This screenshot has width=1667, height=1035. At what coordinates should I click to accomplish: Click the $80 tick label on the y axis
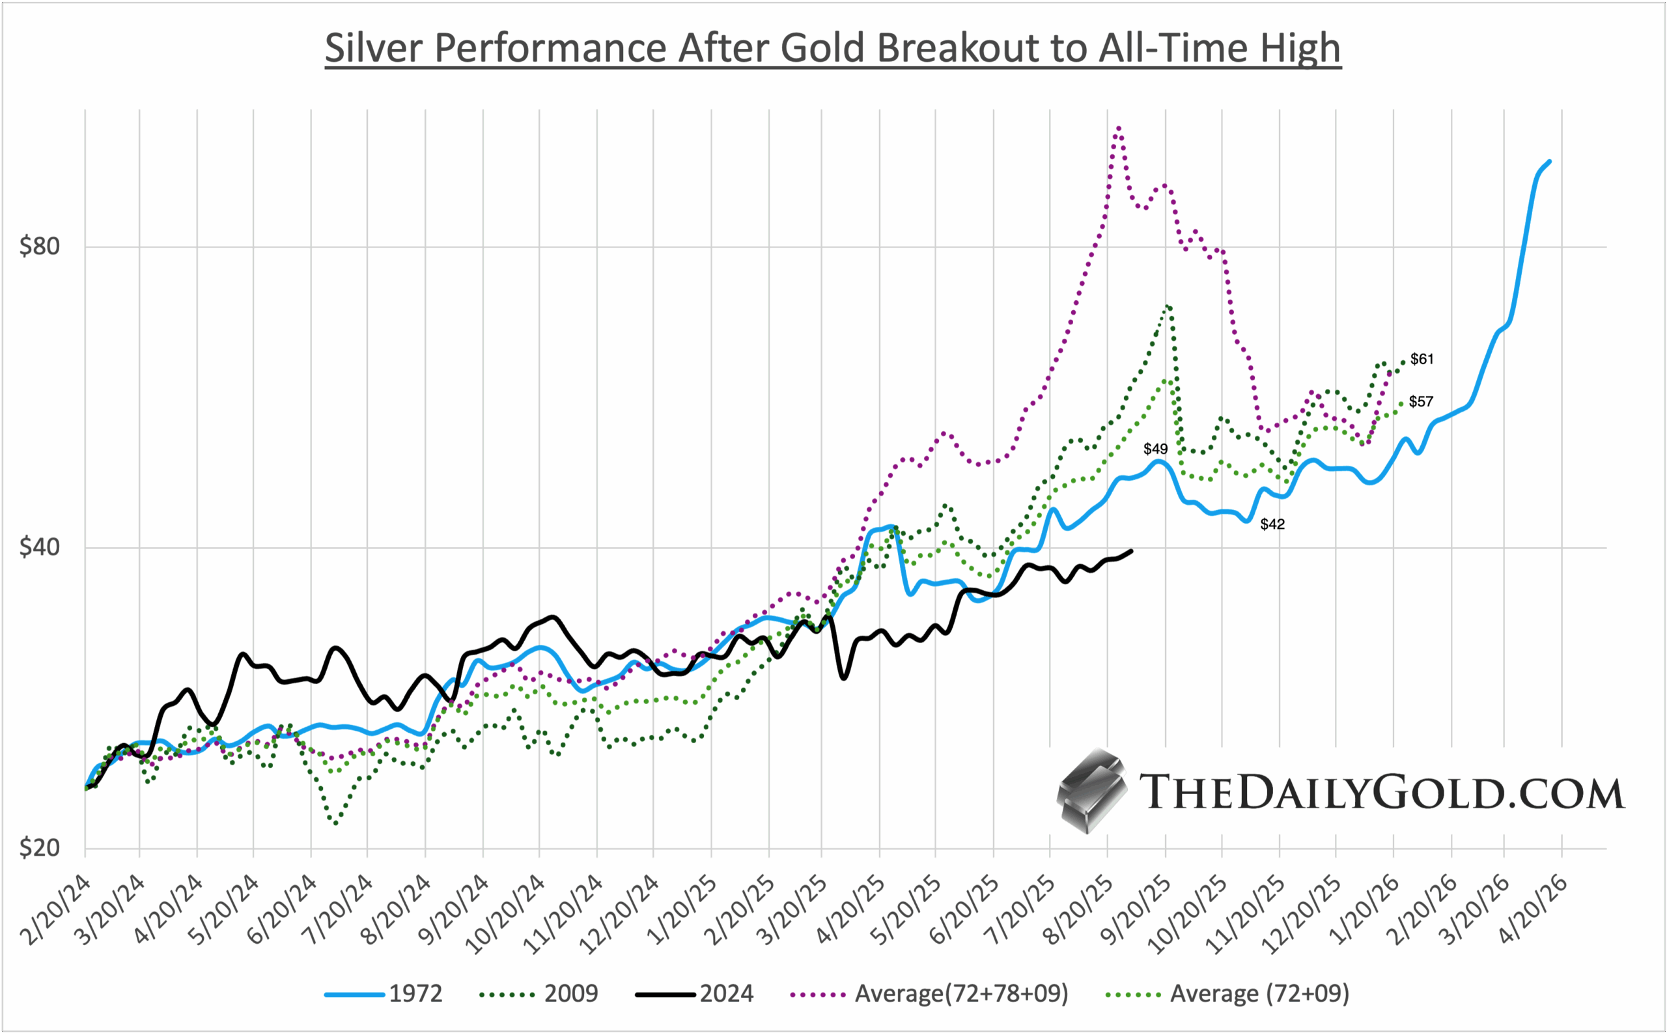(x=40, y=246)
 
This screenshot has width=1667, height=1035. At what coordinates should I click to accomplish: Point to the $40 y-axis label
(x=40, y=548)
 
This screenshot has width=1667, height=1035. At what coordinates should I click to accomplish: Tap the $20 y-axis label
(x=40, y=849)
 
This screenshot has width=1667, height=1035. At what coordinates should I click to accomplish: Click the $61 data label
(x=1422, y=360)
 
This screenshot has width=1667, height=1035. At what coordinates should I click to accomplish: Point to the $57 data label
(x=1421, y=402)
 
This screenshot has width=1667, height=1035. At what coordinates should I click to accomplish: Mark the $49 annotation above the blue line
(x=1156, y=449)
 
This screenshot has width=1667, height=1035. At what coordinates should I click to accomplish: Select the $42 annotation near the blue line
(x=1273, y=524)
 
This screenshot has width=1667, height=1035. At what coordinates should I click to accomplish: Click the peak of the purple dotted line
(x=1118, y=128)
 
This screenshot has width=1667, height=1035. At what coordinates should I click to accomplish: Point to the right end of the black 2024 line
(x=1131, y=550)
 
